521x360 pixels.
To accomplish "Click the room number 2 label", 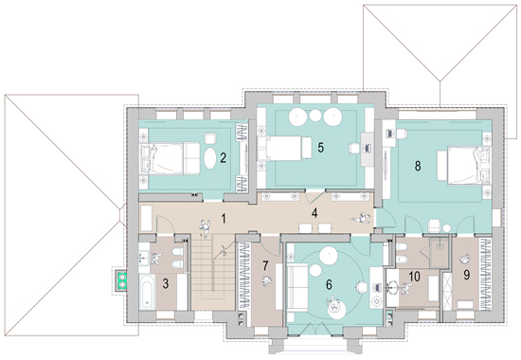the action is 223,157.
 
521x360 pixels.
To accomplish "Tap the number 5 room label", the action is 320,147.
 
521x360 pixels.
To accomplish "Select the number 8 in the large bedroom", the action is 418,166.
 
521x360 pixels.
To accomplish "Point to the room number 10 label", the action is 414,277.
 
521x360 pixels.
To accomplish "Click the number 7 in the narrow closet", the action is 265,266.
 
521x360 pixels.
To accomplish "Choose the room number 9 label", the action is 466,275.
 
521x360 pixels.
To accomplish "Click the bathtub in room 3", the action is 147,292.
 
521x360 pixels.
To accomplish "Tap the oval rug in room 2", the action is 209,158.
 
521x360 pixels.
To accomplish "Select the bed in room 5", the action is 285,148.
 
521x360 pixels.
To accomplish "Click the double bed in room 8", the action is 469,165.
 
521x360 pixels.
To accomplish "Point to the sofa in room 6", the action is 297,287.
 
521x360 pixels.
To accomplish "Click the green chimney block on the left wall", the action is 122,279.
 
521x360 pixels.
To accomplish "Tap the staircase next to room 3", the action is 212,272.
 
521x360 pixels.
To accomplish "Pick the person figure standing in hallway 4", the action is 360,219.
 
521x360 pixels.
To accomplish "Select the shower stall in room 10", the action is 440,253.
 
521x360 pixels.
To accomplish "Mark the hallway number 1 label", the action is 224,219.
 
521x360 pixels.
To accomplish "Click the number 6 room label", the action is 329,284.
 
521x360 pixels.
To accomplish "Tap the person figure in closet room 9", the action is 465,259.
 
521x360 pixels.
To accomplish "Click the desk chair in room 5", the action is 353,148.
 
